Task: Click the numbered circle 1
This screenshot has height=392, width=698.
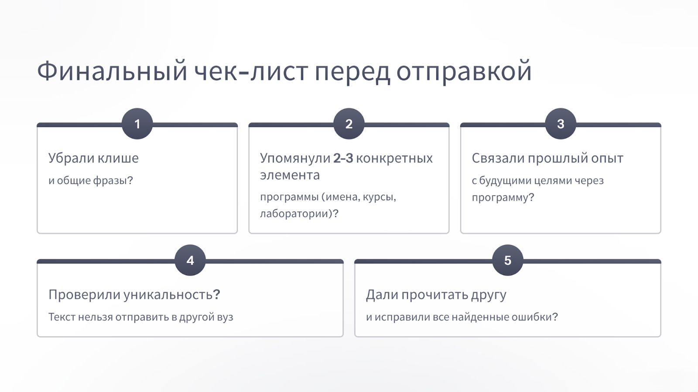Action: click(137, 124)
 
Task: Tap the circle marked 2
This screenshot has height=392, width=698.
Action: click(349, 124)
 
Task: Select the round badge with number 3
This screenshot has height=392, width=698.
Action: click(561, 124)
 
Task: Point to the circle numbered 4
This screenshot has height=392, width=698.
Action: click(190, 260)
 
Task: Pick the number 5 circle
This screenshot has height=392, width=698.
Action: click(508, 260)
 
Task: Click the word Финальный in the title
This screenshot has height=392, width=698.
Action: click(112, 71)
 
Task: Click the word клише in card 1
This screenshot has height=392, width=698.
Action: click(118, 158)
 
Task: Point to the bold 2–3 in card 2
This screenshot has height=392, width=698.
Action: click(343, 159)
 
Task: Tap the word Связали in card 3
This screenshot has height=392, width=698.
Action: click(498, 158)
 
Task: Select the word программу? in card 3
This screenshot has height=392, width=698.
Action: click(503, 198)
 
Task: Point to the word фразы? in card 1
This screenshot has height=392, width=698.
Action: click(113, 181)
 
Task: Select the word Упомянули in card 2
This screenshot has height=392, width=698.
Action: click(295, 159)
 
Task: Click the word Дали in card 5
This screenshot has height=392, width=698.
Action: click(382, 295)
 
